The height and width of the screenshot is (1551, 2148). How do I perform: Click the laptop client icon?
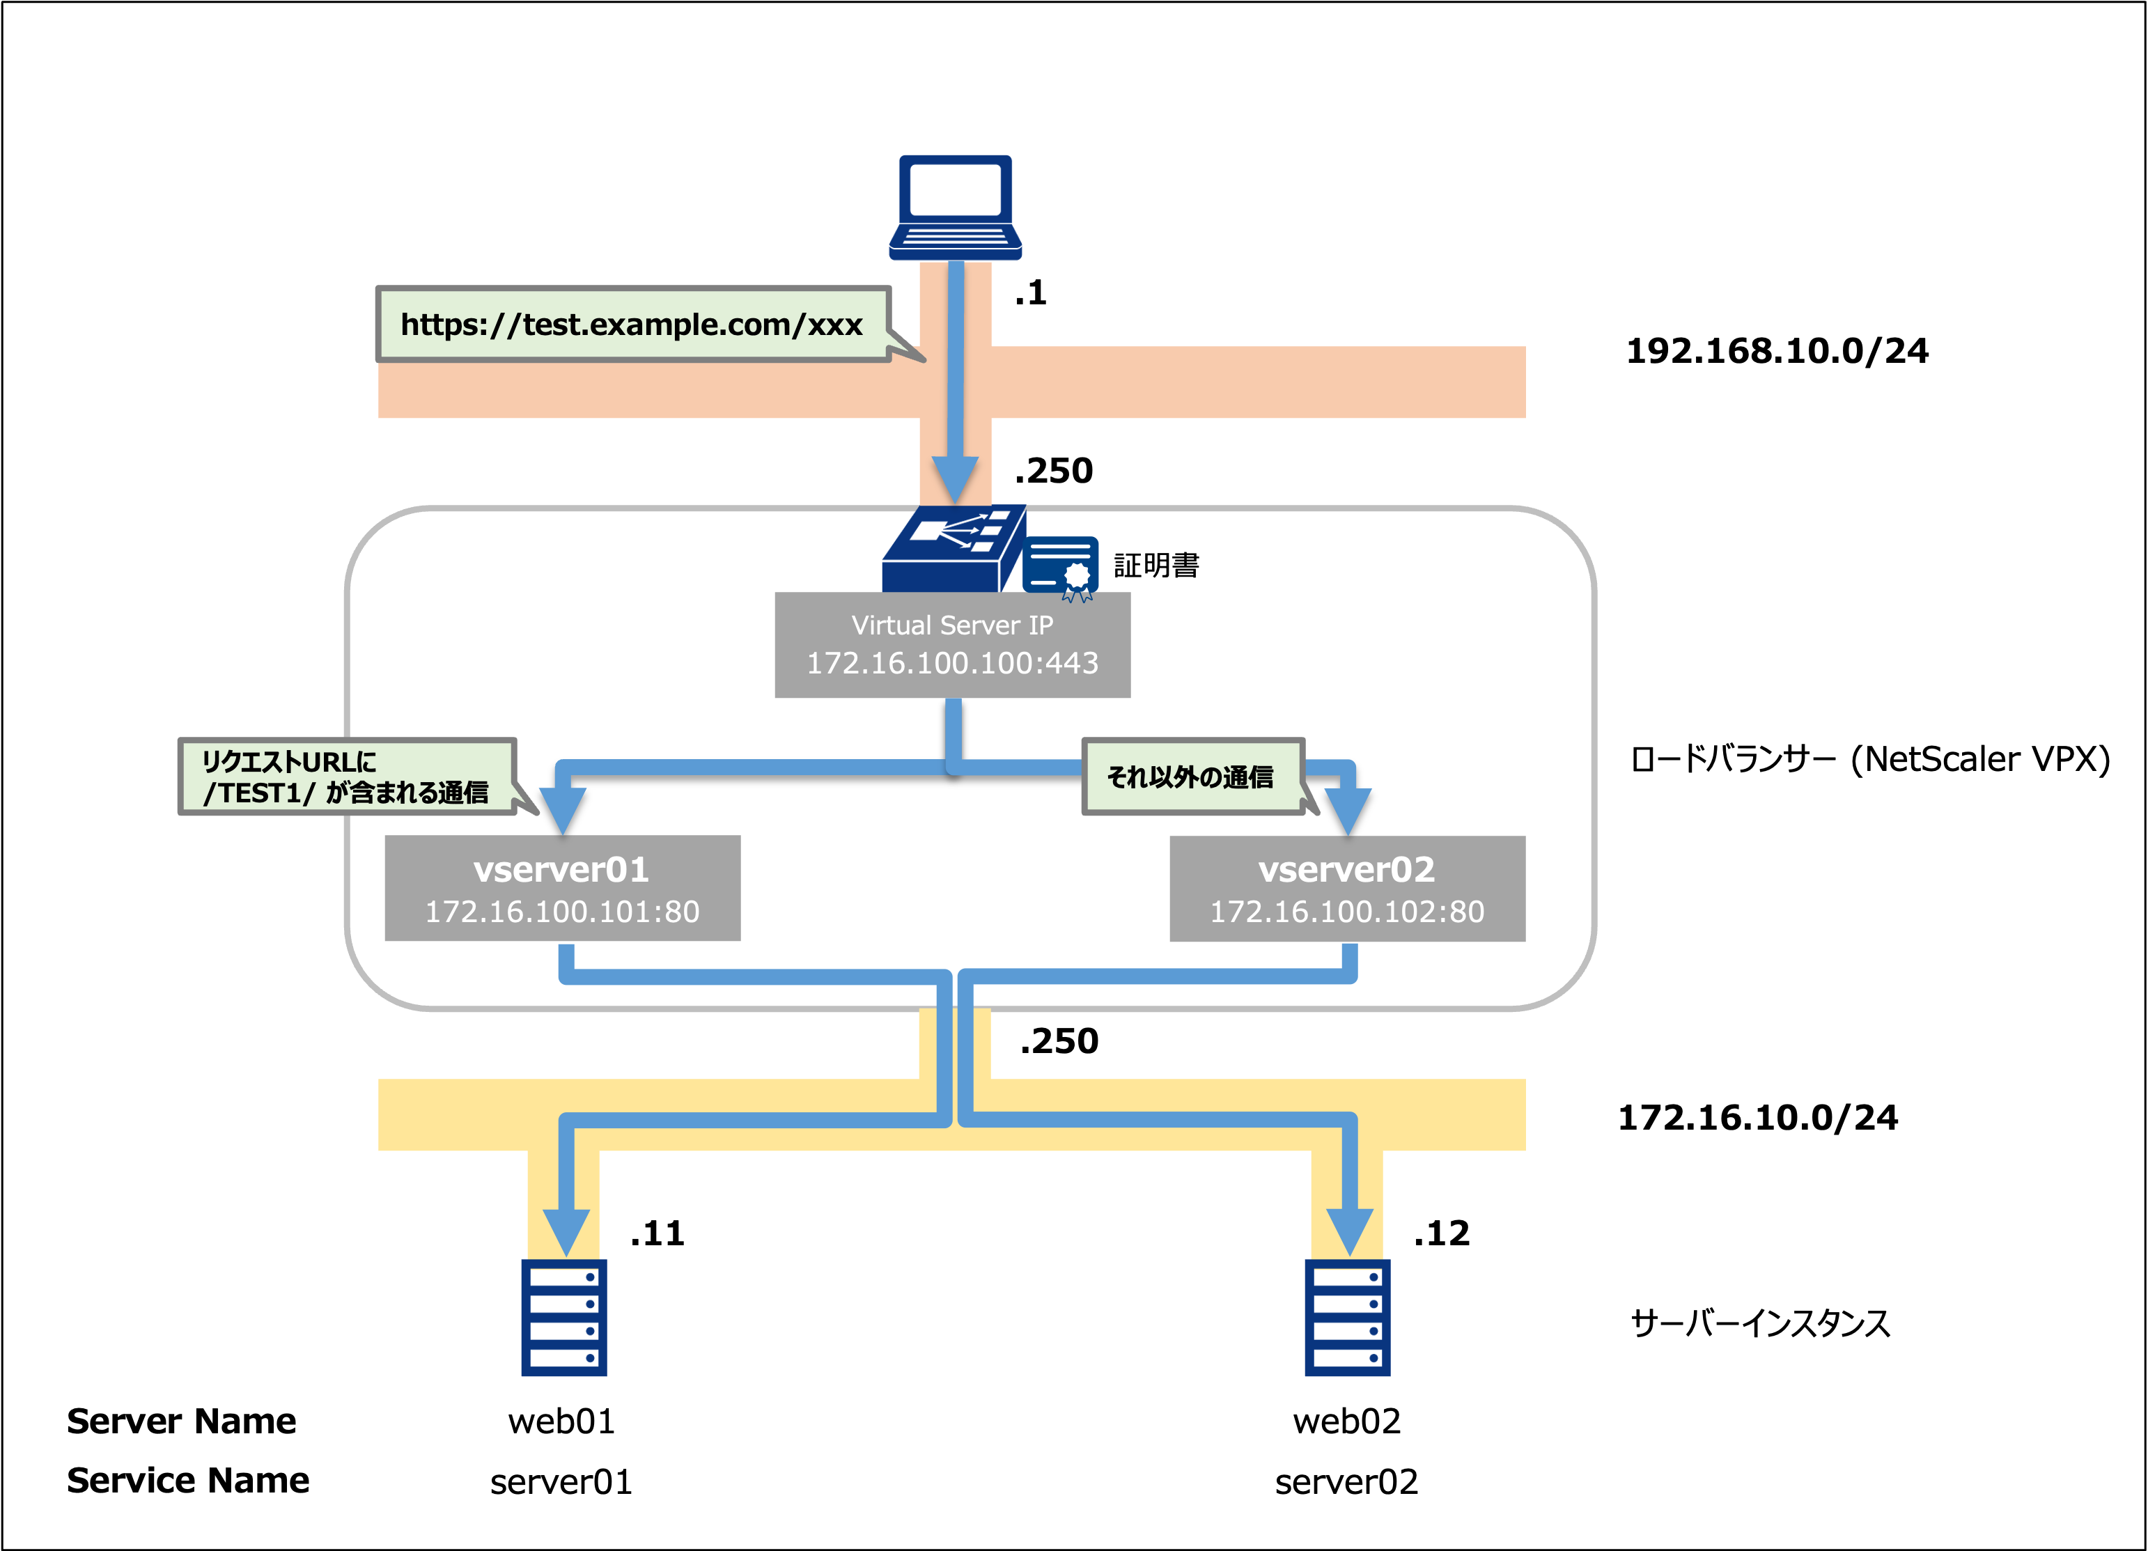tap(955, 206)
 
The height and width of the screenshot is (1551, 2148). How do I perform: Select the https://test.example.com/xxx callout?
tap(632, 325)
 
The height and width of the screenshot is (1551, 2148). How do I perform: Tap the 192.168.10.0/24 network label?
tap(1777, 351)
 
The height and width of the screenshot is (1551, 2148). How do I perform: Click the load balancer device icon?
tap(953, 550)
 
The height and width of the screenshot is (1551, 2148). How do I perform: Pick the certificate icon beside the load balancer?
tap(1061, 567)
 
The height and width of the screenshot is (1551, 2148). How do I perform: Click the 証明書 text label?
tap(1156, 566)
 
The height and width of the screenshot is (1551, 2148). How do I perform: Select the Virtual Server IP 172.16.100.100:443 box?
tap(952, 645)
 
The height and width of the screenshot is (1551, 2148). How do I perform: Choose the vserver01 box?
tap(563, 888)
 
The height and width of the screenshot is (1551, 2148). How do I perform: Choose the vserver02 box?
tap(1347, 888)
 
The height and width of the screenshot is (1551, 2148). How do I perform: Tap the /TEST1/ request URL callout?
tap(347, 777)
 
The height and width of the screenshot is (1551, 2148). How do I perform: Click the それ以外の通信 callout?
tap(1192, 777)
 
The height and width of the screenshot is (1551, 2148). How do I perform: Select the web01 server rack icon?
tap(563, 1317)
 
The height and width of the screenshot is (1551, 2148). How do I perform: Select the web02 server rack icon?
tap(1347, 1317)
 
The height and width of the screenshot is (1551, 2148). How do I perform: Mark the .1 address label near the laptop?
tap(1030, 293)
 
